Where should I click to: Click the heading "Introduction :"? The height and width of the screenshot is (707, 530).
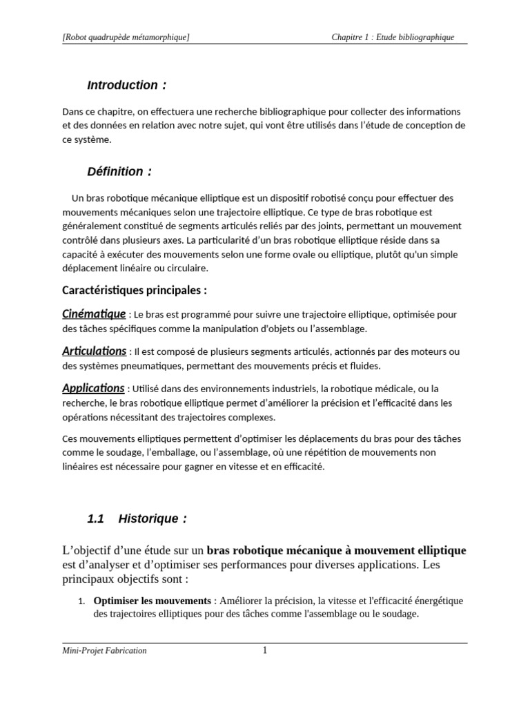(x=126, y=86)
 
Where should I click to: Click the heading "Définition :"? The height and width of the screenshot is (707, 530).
(x=119, y=171)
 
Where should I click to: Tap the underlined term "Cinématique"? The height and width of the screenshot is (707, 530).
(x=94, y=314)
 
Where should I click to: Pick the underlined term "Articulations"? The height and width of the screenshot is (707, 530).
(x=95, y=351)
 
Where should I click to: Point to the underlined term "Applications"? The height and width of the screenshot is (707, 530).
(x=93, y=388)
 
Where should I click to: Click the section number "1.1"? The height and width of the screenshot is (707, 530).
(x=95, y=519)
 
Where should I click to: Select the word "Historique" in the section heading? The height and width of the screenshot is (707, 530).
(x=148, y=519)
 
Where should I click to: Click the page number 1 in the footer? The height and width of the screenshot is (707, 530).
(x=264, y=650)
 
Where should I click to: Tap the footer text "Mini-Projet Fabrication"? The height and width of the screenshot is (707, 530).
(x=104, y=650)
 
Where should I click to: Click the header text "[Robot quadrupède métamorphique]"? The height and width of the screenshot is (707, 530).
(x=126, y=37)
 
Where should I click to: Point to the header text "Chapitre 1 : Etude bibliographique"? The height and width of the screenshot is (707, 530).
(x=393, y=37)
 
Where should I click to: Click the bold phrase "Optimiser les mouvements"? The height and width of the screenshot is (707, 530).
(x=151, y=601)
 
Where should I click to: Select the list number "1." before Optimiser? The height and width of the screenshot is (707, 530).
(x=80, y=601)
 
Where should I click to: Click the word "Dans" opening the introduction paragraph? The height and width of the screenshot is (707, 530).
(x=72, y=111)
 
